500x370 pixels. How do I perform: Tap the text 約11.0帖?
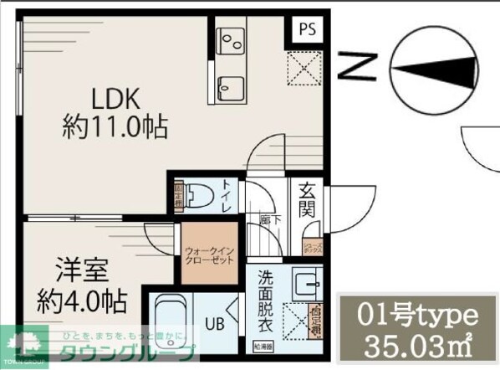point(115,128)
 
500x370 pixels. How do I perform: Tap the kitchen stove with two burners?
point(230,39)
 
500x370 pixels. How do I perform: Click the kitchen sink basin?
point(229,84)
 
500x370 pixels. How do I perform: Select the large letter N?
point(358,65)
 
